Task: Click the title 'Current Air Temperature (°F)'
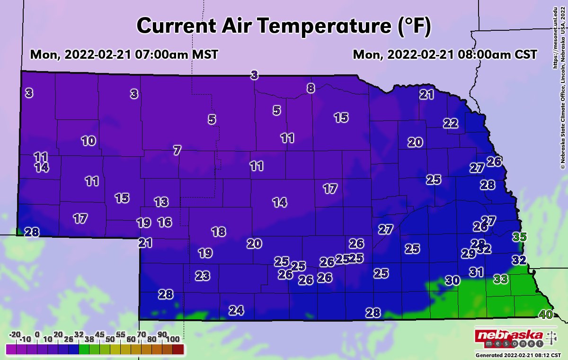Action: [x=284, y=26]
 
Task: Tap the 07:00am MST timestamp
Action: [x=124, y=54]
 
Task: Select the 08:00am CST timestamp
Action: [x=445, y=54]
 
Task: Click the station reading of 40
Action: [x=546, y=315]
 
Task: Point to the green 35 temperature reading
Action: [x=520, y=237]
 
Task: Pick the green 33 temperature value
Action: [x=501, y=279]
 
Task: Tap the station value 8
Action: [x=311, y=88]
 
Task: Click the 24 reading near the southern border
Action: [x=236, y=311]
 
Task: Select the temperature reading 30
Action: [x=453, y=280]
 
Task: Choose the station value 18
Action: [x=218, y=232]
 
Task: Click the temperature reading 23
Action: [x=203, y=275]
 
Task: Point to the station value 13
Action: [x=161, y=202]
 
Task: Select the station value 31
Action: [x=476, y=272]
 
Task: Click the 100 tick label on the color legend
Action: [x=173, y=339]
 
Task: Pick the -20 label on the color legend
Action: [x=15, y=334]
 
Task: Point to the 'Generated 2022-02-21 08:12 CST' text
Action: [x=518, y=355]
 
